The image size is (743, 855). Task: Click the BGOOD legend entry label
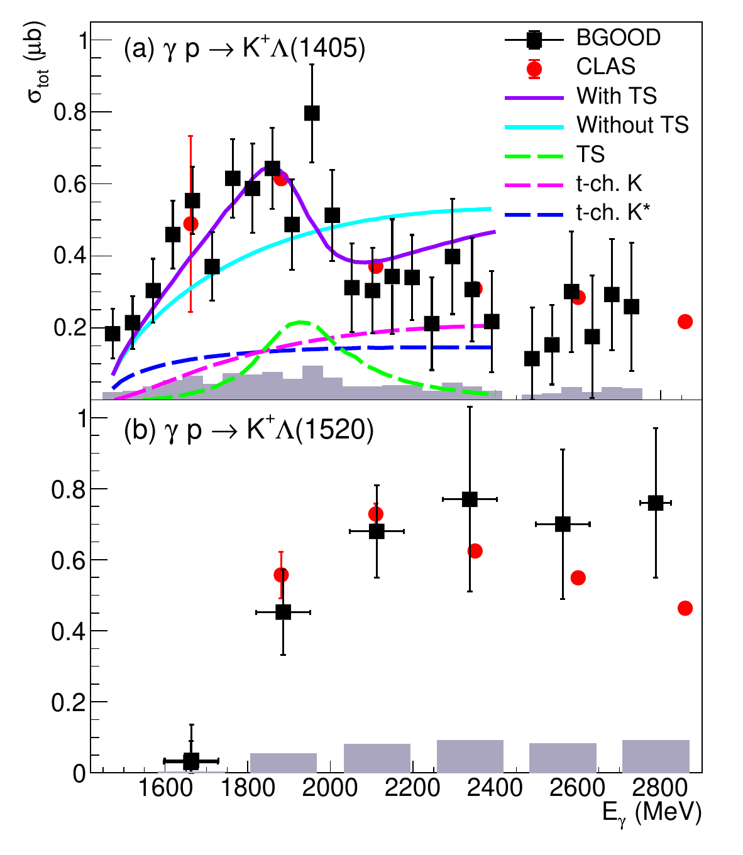click(x=619, y=38)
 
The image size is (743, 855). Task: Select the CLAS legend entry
click(x=605, y=67)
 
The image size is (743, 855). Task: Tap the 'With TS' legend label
click(x=617, y=96)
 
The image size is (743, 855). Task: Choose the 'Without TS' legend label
click(x=632, y=125)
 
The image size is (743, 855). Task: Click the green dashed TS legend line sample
click(x=533, y=155)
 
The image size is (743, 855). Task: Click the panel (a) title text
click(x=245, y=49)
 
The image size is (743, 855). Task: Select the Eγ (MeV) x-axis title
click(x=651, y=814)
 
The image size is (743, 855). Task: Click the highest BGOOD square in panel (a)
click(x=312, y=113)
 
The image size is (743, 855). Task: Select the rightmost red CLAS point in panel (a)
click(x=685, y=322)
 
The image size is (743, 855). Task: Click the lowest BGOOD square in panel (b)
click(x=191, y=761)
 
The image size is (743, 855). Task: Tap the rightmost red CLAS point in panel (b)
click(x=685, y=608)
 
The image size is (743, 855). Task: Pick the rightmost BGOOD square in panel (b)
click(x=656, y=503)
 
